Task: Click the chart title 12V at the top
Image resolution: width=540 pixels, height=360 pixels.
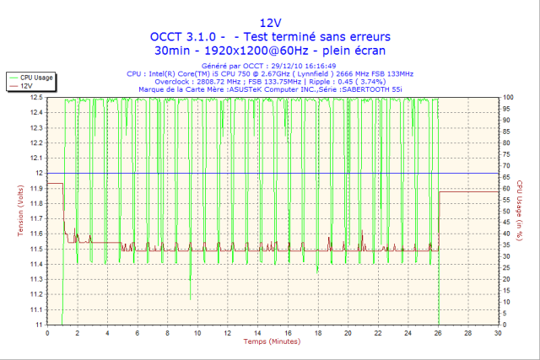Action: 270,22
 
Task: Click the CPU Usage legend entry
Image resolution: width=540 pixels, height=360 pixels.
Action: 37,77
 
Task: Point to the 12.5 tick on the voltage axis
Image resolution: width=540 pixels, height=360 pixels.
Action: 36,98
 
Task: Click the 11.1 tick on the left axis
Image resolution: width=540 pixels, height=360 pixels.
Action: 36,309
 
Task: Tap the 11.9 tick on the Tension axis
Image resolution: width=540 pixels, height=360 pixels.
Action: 36,188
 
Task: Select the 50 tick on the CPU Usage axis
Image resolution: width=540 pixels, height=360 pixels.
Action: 507,211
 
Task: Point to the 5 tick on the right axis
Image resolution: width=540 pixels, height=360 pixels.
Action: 505,314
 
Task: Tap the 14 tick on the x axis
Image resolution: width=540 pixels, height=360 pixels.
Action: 257,333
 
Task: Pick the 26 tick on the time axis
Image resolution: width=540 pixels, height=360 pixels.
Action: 438,333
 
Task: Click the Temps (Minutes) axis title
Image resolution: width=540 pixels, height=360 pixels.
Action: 270,341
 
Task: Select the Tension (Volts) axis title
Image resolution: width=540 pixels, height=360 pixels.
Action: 11,211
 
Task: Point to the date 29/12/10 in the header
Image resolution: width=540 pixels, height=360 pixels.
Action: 300,66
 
